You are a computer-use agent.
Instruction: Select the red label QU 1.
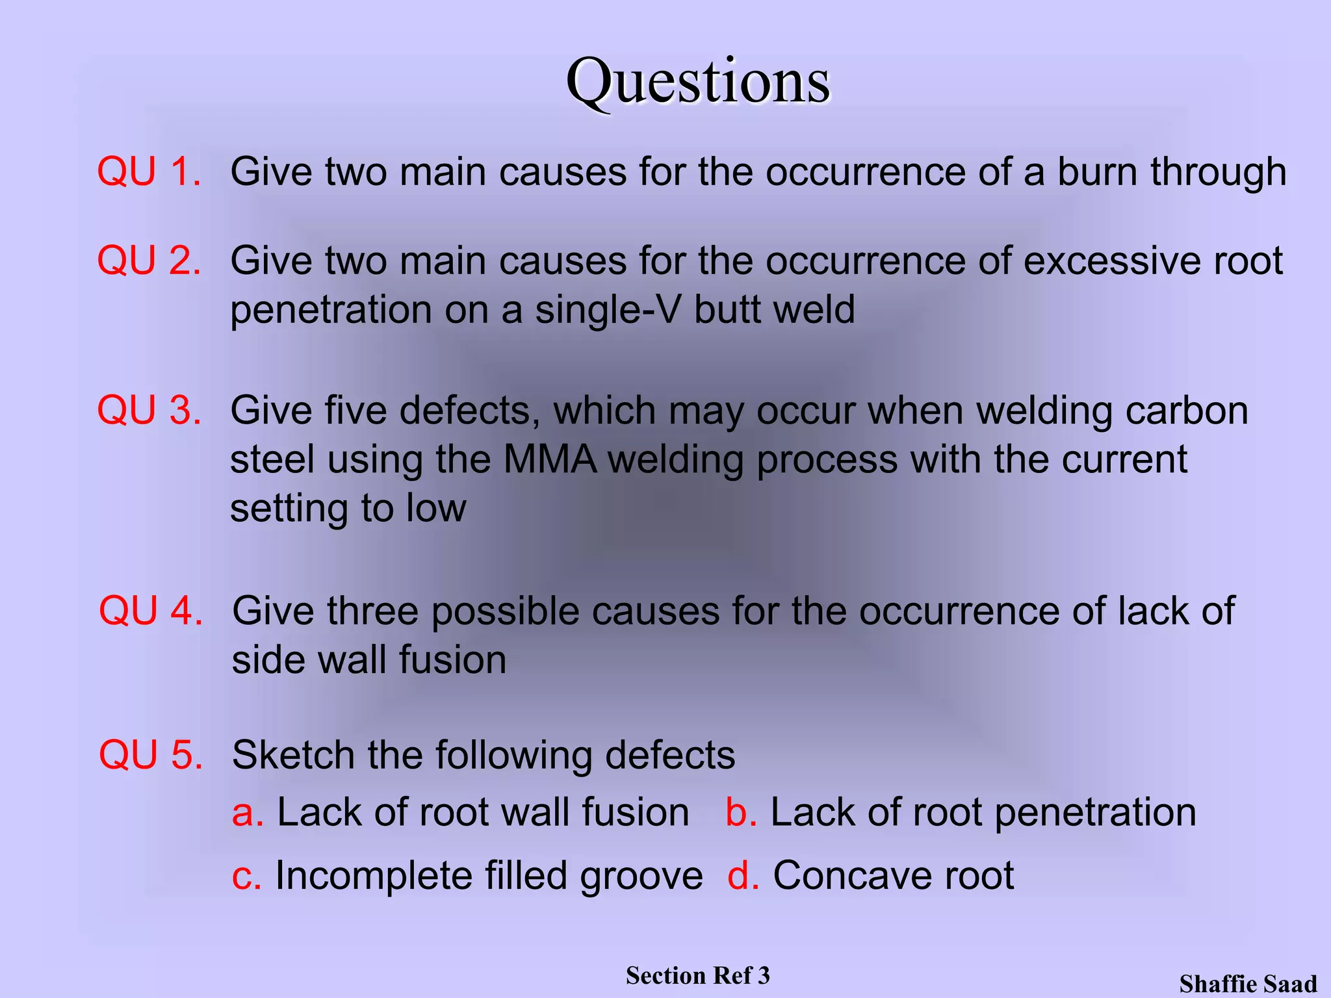pos(149,172)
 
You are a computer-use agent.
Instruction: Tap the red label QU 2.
pos(149,261)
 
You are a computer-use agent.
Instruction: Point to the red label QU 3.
pos(149,411)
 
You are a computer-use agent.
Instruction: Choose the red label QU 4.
pos(151,611)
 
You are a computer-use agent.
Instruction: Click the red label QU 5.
pos(151,755)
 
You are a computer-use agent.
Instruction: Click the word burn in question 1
pos(1098,172)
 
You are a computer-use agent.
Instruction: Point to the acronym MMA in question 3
pos(550,459)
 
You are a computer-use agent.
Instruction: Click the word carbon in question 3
pos(1187,411)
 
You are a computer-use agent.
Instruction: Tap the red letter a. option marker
pos(248,813)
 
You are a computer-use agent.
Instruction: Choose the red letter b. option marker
pos(741,813)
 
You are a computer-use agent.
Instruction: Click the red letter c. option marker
pos(246,876)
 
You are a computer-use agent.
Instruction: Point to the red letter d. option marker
pos(743,876)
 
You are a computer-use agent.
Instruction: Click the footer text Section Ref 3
pos(697,975)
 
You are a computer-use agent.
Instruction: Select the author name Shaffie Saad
pos(1248,984)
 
